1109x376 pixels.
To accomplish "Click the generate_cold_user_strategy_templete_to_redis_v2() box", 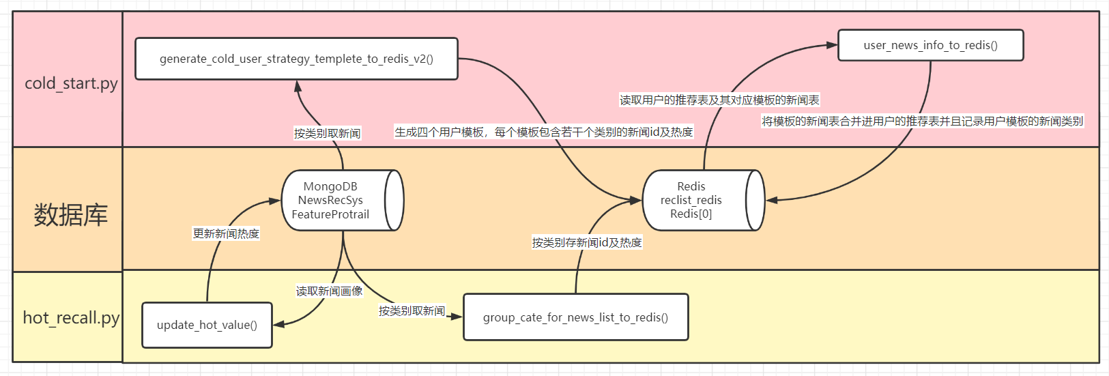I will coord(296,59).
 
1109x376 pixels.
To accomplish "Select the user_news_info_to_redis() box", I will coord(930,45).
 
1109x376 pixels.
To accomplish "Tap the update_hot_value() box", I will coord(207,325).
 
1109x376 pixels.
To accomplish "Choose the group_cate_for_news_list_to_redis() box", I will coord(575,317).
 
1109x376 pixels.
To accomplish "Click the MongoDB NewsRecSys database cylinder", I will coord(341,200).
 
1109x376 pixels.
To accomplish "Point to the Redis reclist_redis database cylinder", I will coord(702,200).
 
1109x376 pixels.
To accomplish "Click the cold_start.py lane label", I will coord(70,83).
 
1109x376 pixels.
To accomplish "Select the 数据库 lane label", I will coord(70,215).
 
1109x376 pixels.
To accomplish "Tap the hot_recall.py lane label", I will coord(70,318).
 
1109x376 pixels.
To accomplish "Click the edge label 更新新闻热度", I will coord(226,233).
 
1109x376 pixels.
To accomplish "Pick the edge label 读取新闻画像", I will coord(329,291).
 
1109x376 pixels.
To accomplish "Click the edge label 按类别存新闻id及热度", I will coord(587,242).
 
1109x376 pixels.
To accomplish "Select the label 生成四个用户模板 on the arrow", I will coord(543,132).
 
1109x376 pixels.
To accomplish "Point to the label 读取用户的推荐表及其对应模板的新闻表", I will coord(719,100).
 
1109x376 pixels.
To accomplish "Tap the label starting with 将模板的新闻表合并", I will coord(922,121).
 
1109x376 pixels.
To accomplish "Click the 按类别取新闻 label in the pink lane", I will coord(327,133).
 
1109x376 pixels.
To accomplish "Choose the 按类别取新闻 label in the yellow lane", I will coord(412,311).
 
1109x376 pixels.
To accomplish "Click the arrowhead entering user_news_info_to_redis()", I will coord(832,45).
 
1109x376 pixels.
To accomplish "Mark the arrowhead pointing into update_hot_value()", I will coord(278,324).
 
